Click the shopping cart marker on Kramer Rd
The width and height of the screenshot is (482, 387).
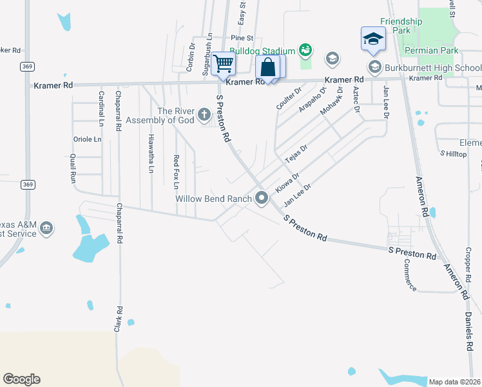pos(223,64)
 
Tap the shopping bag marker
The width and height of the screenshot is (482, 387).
pos(268,67)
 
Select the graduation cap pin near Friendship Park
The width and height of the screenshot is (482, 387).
pos(373,39)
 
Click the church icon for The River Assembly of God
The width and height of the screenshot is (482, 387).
pos(204,115)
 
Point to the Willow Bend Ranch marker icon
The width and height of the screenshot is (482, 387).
pos(262,199)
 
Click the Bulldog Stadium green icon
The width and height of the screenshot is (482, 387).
pos(305,50)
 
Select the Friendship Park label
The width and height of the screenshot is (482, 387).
pos(401,26)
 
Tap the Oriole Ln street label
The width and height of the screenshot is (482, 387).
pos(88,139)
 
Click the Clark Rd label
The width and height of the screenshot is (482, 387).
pos(118,319)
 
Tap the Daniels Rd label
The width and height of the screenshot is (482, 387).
pos(468,332)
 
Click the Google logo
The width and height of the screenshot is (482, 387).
pos(21,379)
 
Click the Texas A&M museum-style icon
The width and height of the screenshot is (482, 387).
pos(46,228)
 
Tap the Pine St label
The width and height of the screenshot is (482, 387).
pos(242,39)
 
